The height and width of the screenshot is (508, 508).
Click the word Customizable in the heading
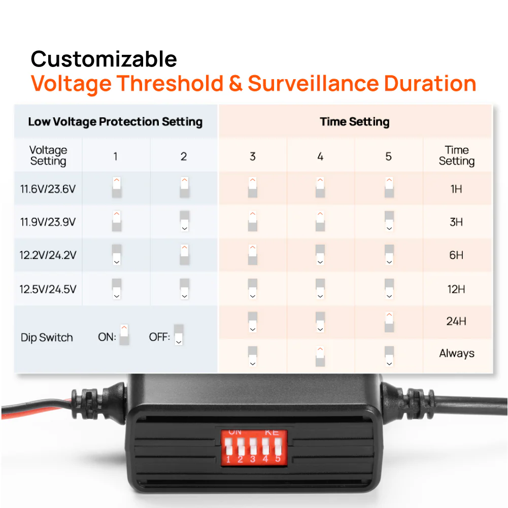pyautogui.click(x=104, y=59)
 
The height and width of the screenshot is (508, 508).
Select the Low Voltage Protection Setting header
pyautogui.click(x=115, y=122)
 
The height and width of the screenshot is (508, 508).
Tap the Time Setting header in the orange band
pyautogui.click(x=355, y=122)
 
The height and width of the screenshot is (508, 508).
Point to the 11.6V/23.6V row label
pyautogui.click(x=48, y=189)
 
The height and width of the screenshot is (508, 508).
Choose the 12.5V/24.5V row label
pyautogui.click(x=48, y=289)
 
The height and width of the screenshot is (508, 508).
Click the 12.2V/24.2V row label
pyautogui.click(x=48, y=255)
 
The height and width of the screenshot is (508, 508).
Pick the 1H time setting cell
pyautogui.click(x=456, y=189)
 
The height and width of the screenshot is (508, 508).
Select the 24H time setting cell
pyautogui.click(x=456, y=321)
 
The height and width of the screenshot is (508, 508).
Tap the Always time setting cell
pyautogui.click(x=456, y=354)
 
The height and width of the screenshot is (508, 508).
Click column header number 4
pyautogui.click(x=320, y=156)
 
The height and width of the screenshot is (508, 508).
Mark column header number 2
pyautogui.click(x=184, y=156)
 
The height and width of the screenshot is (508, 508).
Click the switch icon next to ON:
pyautogui.click(x=124, y=335)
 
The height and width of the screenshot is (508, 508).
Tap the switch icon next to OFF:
pyautogui.click(x=178, y=335)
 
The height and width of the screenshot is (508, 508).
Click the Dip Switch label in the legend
pyautogui.click(x=47, y=337)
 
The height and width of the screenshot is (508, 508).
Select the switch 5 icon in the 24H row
pyautogui.click(x=389, y=322)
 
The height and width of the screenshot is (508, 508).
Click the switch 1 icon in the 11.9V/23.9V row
pyautogui.click(x=117, y=222)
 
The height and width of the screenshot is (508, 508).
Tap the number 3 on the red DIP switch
pyautogui.click(x=253, y=460)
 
